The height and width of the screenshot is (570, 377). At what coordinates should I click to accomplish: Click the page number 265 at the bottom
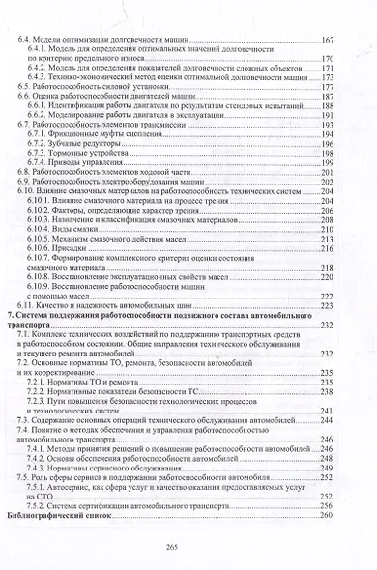(189, 545)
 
